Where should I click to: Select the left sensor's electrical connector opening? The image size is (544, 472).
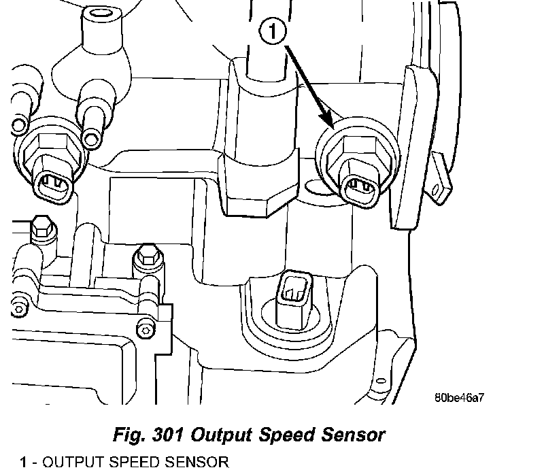click(x=52, y=182)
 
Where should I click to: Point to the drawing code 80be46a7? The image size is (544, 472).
click(x=459, y=397)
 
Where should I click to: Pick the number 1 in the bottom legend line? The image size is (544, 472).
click(x=24, y=463)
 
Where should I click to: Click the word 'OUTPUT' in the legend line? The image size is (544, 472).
click(x=69, y=463)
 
